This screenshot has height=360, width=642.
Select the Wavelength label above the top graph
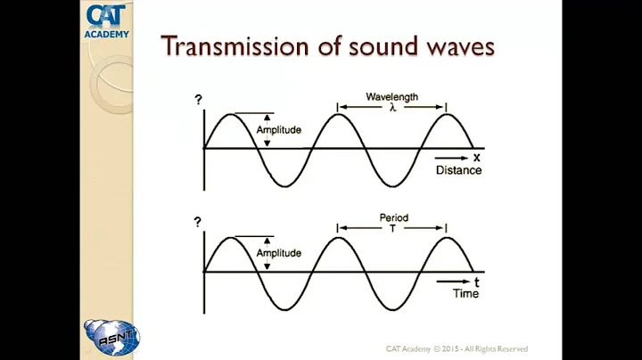click(x=391, y=96)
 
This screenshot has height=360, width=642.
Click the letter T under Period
click(x=391, y=226)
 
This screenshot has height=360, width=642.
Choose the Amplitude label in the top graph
click(x=278, y=130)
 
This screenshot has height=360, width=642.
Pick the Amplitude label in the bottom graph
click(x=278, y=253)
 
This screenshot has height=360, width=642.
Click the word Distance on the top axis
click(x=457, y=169)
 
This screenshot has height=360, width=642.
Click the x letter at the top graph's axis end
click(x=477, y=158)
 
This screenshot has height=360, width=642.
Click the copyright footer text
click(x=457, y=348)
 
